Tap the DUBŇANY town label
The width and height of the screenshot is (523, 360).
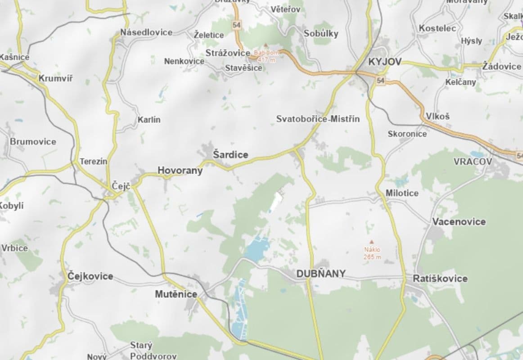click(x=321, y=274)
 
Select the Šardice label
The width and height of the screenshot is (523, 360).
click(x=230, y=155)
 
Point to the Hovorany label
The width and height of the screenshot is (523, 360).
click(x=180, y=171)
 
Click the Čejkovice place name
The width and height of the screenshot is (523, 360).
click(x=90, y=276)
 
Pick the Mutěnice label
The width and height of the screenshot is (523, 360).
click(x=176, y=294)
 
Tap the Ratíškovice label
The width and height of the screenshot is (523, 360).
click(x=440, y=279)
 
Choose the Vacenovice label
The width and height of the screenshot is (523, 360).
click(x=459, y=221)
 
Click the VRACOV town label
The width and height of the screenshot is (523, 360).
click(x=473, y=161)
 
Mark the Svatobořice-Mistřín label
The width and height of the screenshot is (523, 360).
click(x=318, y=119)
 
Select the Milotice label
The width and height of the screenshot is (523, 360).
click(x=402, y=193)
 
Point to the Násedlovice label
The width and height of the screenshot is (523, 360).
click(x=146, y=32)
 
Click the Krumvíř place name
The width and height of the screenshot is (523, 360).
click(x=55, y=78)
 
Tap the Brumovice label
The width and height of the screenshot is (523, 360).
click(x=33, y=141)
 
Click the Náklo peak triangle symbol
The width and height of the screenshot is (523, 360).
click(x=372, y=242)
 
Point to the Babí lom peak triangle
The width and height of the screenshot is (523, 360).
click(x=266, y=45)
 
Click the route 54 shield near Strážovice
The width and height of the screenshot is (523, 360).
click(x=237, y=25)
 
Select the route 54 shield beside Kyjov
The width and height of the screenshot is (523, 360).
click(x=381, y=81)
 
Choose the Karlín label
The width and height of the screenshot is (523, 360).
click(x=149, y=120)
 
